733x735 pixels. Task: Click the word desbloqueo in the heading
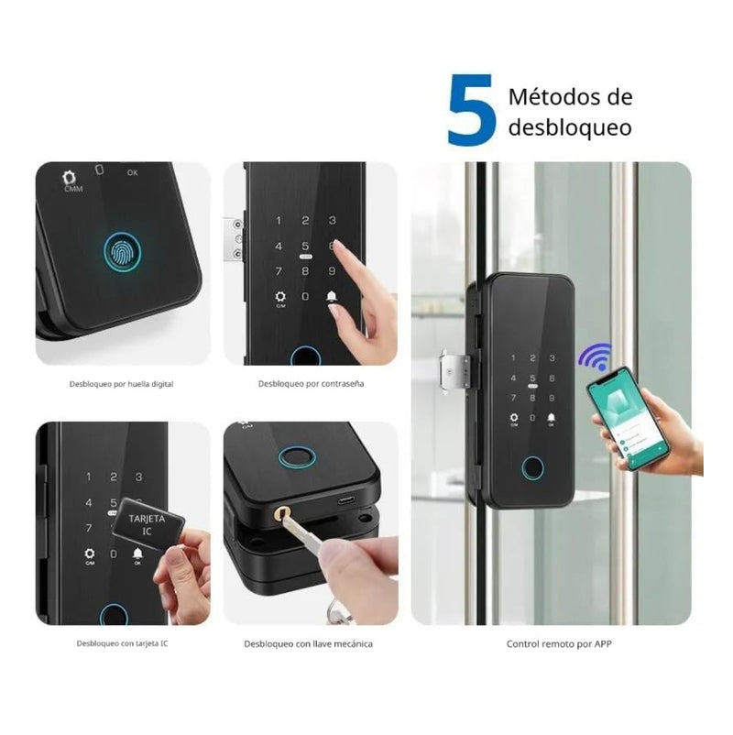pyautogui.click(x=569, y=127)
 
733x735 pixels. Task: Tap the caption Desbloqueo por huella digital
pyautogui.click(x=121, y=384)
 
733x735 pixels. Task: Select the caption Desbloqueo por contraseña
pyautogui.click(x=311, y=383)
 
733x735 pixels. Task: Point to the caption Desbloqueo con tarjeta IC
pyautogui.click(x=119, y=643)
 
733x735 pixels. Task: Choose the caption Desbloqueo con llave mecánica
pyautogui.click(x=308, y=643)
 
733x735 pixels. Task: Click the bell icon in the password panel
pyautogui.click(x=331, y=298)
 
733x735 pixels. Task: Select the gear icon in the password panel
pyautogui.click(x=279, y=298)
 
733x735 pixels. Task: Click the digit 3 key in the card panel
pyautogui.click(x=138, y=477)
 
